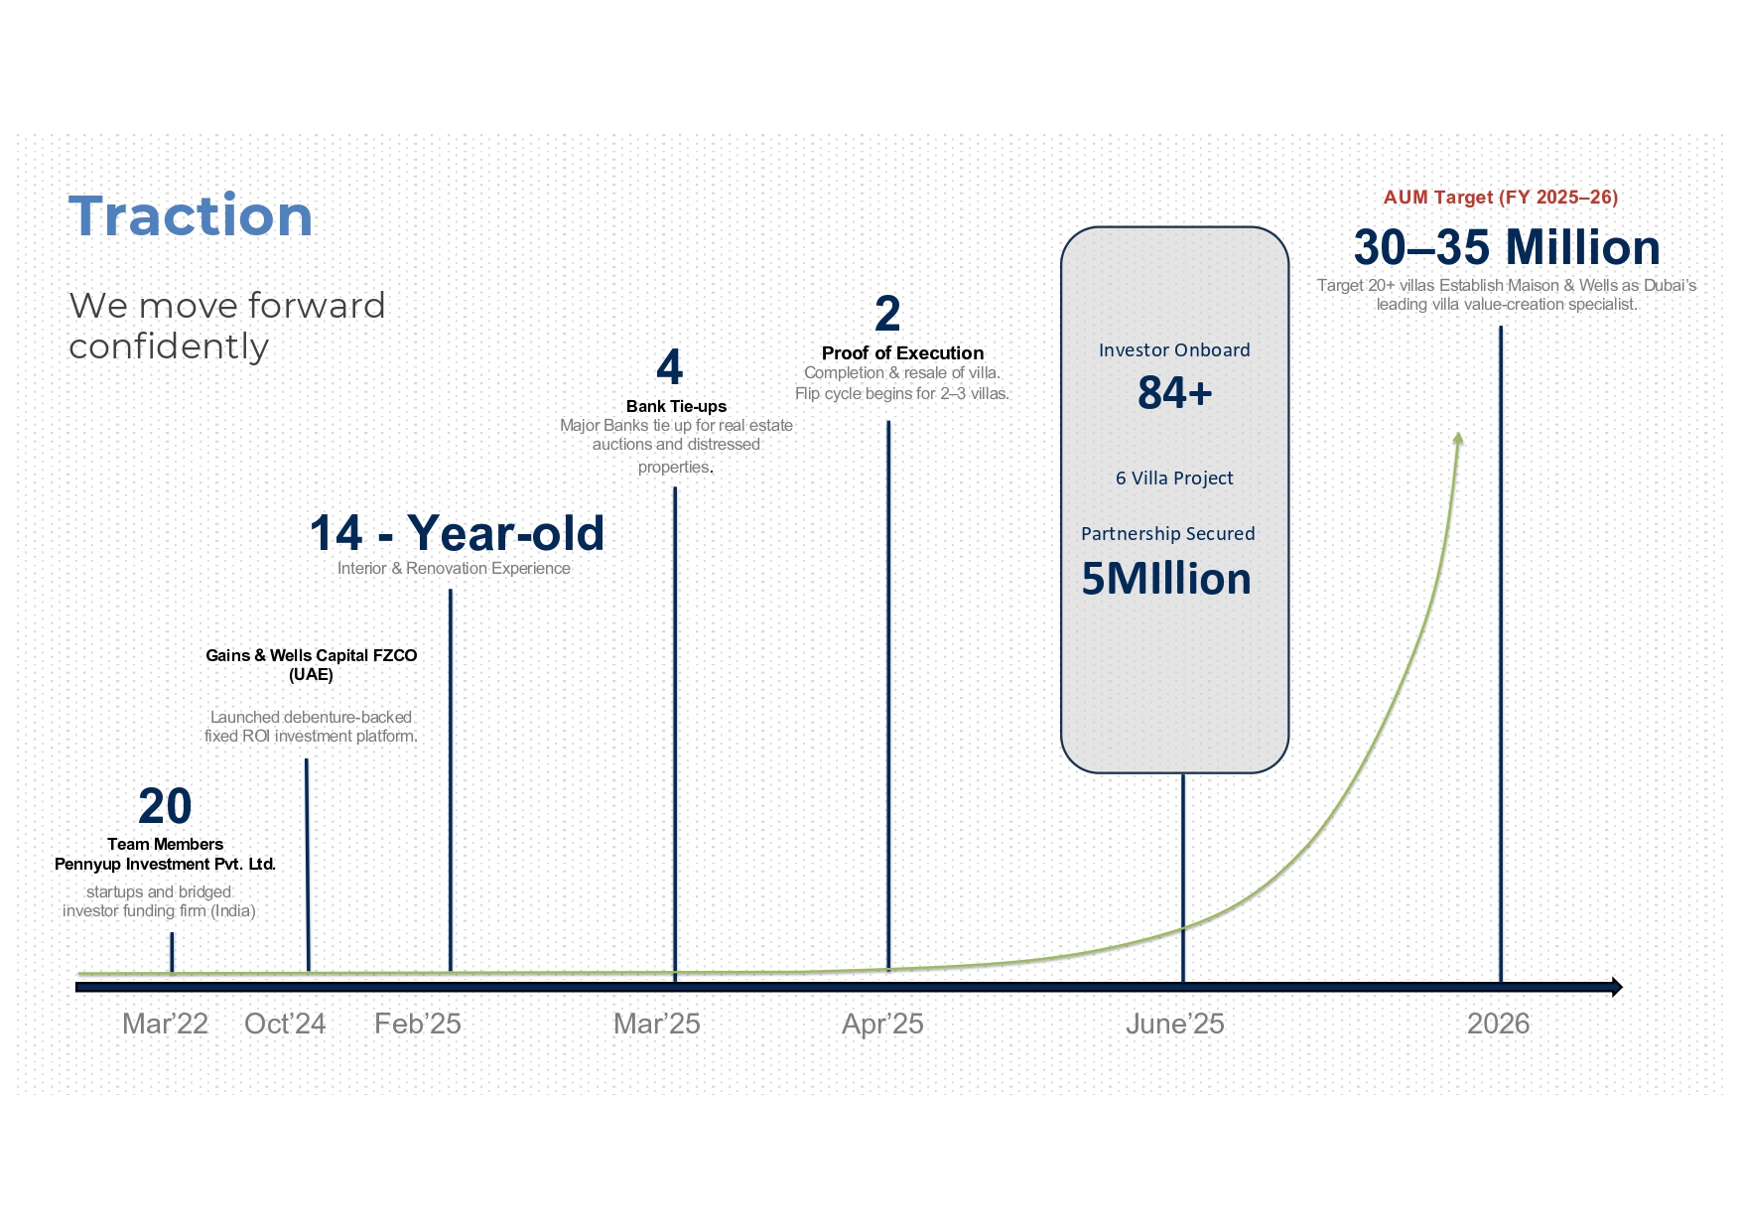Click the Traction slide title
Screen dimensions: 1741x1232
coord(191,215)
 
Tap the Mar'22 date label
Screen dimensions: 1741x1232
coord(165,1024)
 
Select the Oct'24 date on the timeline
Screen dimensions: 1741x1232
coord(285,1024)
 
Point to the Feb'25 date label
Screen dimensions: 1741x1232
coord(418,1024)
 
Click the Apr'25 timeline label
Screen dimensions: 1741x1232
coord(882,1024)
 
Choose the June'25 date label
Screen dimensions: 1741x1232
coord(1174,1024)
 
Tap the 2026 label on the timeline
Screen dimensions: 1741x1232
coord(1498,1024)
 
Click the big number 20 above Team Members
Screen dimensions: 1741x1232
coord(165,806)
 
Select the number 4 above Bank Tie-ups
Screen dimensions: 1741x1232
coord(670,367)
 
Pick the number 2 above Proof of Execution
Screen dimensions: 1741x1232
coord(887,314)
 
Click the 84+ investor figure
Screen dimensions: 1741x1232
coord(1175,393)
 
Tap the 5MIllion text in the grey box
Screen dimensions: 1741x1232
coord(1166,579)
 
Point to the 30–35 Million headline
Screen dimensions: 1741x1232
coord(1507,247)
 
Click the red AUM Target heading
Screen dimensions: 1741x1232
coord(1501,197)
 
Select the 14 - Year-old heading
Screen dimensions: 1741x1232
coord(457,533)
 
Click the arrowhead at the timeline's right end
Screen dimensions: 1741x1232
coord(1616,987)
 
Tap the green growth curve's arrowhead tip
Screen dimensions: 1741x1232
coord(1458,434)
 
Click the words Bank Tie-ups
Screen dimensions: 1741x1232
coord(676,406)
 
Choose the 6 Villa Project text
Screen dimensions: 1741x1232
coord(1174,479)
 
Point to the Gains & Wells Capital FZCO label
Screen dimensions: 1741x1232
coord(311,655)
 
